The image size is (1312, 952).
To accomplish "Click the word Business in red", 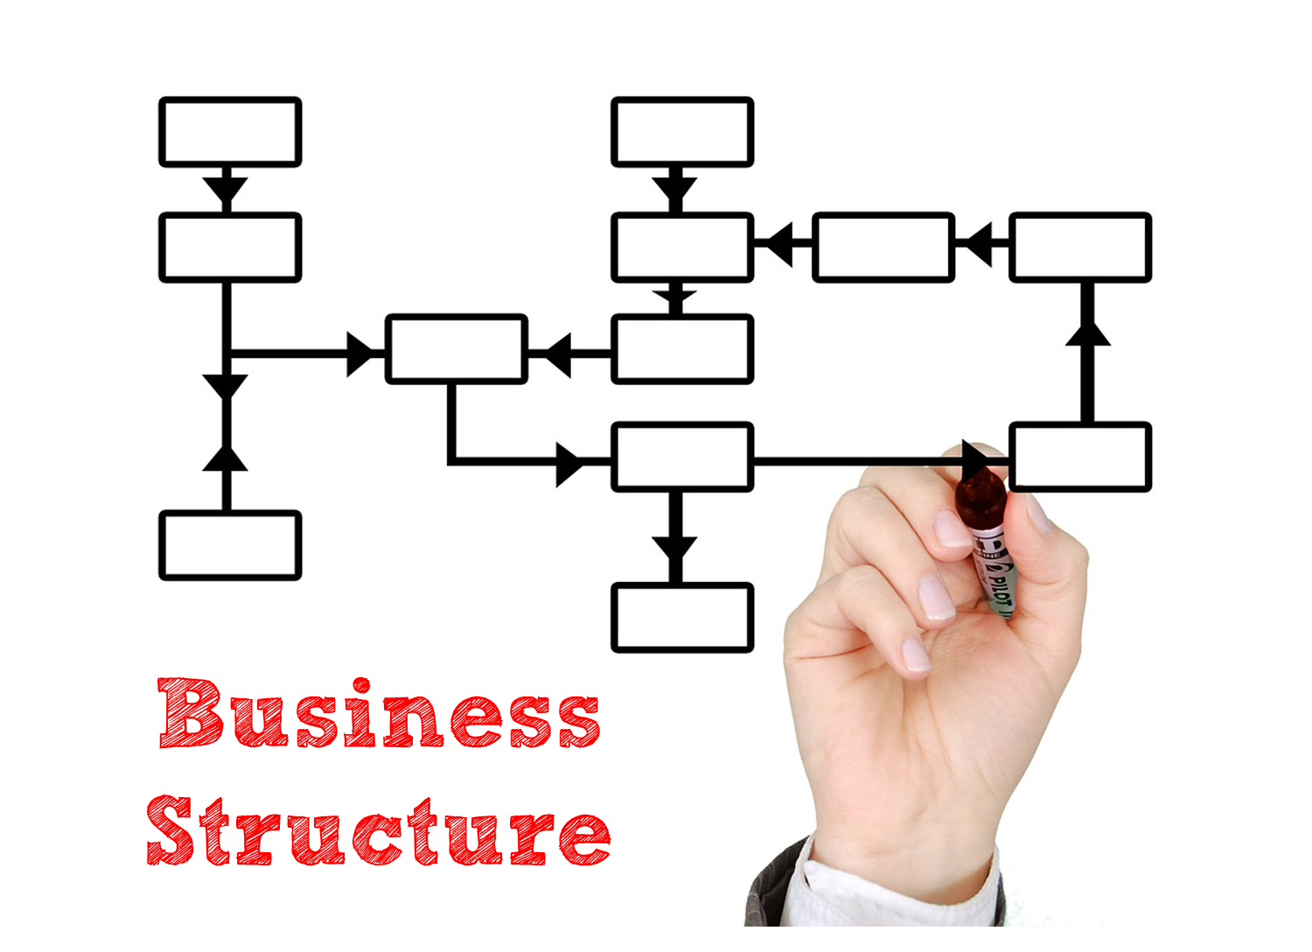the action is pyautogui.click(x=379, y=714).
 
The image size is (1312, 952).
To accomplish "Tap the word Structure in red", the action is pyautogui.click(x=378, y=831).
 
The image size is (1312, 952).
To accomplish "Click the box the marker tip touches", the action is pyautogui.click(x=1079, y=457).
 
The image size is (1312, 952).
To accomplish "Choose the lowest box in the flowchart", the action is pyautogui.click(x=682, y=618).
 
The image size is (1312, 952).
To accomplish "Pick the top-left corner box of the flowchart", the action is pyautogui.click(x=230, y=132).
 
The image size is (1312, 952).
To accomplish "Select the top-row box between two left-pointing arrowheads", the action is pyautogui.click(x=883, y=247).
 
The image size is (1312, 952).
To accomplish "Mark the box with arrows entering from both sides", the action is pyautogui.click(x=456, y=349).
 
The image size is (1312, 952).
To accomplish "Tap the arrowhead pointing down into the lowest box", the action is pyautogui.click(x=674, y=549).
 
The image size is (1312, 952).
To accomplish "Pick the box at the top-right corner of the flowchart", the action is pyautogui.click(x=1079, y=247).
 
